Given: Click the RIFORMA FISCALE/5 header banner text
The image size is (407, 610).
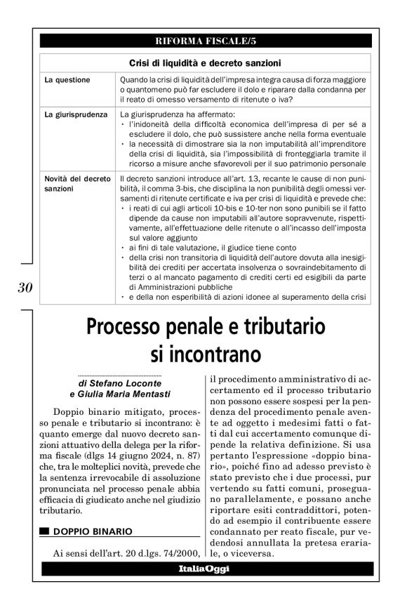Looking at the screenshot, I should click(203, 41).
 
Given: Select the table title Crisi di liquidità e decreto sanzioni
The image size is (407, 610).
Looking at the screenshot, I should click(204, 63).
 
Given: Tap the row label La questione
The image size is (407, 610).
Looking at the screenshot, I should click(67, 80).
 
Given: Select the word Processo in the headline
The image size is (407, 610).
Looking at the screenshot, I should click(129, 327).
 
